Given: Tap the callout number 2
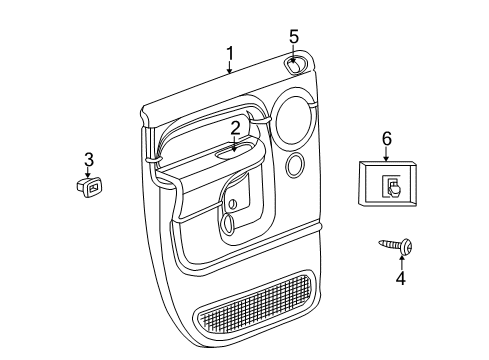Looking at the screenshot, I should (x=235, y=127).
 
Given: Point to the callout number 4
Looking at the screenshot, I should (x=400, y=278).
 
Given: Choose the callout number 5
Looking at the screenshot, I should (x=294, y=37).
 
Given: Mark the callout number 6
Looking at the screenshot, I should (x=386, y=139).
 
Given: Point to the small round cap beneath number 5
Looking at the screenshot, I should (x=296, y=66).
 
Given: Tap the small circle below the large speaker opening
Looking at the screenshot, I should (x=295, y=164).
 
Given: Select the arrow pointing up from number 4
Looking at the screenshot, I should (x=400, y=261).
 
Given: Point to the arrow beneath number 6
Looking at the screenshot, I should (x=386, y=154).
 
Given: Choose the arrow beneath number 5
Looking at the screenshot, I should (x=294, y=54).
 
